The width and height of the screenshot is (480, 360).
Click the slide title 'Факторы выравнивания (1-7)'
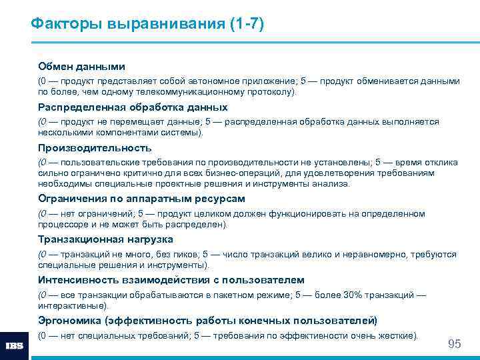[x=147, y=25]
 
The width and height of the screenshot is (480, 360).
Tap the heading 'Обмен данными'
[x=81, y=67]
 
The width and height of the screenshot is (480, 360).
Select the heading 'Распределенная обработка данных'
[x=133, y=107]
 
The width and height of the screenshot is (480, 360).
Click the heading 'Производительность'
[x=95, y=148]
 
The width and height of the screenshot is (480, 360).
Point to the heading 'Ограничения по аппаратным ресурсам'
[x=141, y=199]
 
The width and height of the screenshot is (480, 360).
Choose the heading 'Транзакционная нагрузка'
[x=105, y=239]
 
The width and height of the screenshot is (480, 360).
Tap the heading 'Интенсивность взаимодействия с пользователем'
[x=171, y=280]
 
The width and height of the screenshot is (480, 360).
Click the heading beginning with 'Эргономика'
[x=207, y=321]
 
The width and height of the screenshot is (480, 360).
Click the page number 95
[x=454, y=344]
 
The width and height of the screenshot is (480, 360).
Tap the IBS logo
[x=15, y=346]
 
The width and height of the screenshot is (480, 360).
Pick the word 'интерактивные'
[x=72, y=306]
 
